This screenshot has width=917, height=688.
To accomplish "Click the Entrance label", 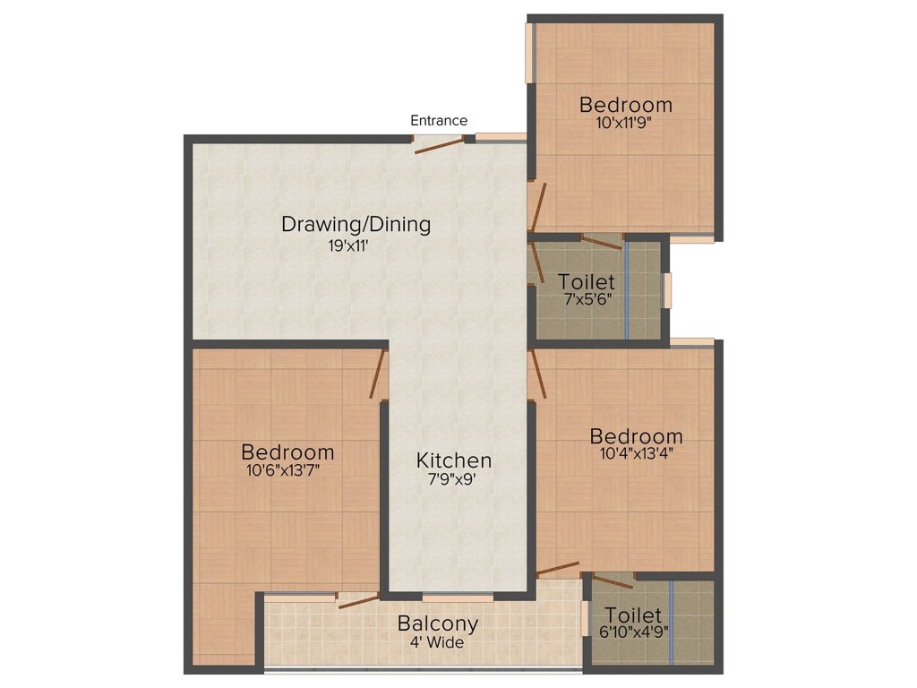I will pos(439,120).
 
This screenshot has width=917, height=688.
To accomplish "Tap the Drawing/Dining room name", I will pos(356,224).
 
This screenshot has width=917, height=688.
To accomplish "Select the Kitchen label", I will pos(454,460).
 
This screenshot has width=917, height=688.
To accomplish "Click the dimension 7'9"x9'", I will pos(454,479).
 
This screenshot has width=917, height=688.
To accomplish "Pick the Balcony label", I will pos(438,623).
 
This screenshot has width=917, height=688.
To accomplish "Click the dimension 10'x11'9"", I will pos(624,124).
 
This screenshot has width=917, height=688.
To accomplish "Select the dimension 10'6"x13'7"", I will pos(283,469).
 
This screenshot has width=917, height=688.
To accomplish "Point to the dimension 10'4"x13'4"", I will pos(636,453).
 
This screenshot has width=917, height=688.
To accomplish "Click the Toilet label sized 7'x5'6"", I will pos(587,283).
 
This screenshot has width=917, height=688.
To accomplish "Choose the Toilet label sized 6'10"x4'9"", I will pos(633,615).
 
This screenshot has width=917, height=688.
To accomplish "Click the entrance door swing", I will pos(439,146).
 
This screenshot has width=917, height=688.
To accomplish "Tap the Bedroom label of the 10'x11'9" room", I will pos(625,105).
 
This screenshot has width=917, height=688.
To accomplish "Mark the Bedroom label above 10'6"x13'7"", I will pos(288,452).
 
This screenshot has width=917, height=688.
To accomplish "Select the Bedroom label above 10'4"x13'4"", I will pos(636,436).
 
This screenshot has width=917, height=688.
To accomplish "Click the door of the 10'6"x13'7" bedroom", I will pos(379,372).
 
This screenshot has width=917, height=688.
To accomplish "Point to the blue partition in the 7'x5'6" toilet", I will pos(626,289).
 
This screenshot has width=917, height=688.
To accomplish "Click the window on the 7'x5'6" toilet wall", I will pos(666,290).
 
